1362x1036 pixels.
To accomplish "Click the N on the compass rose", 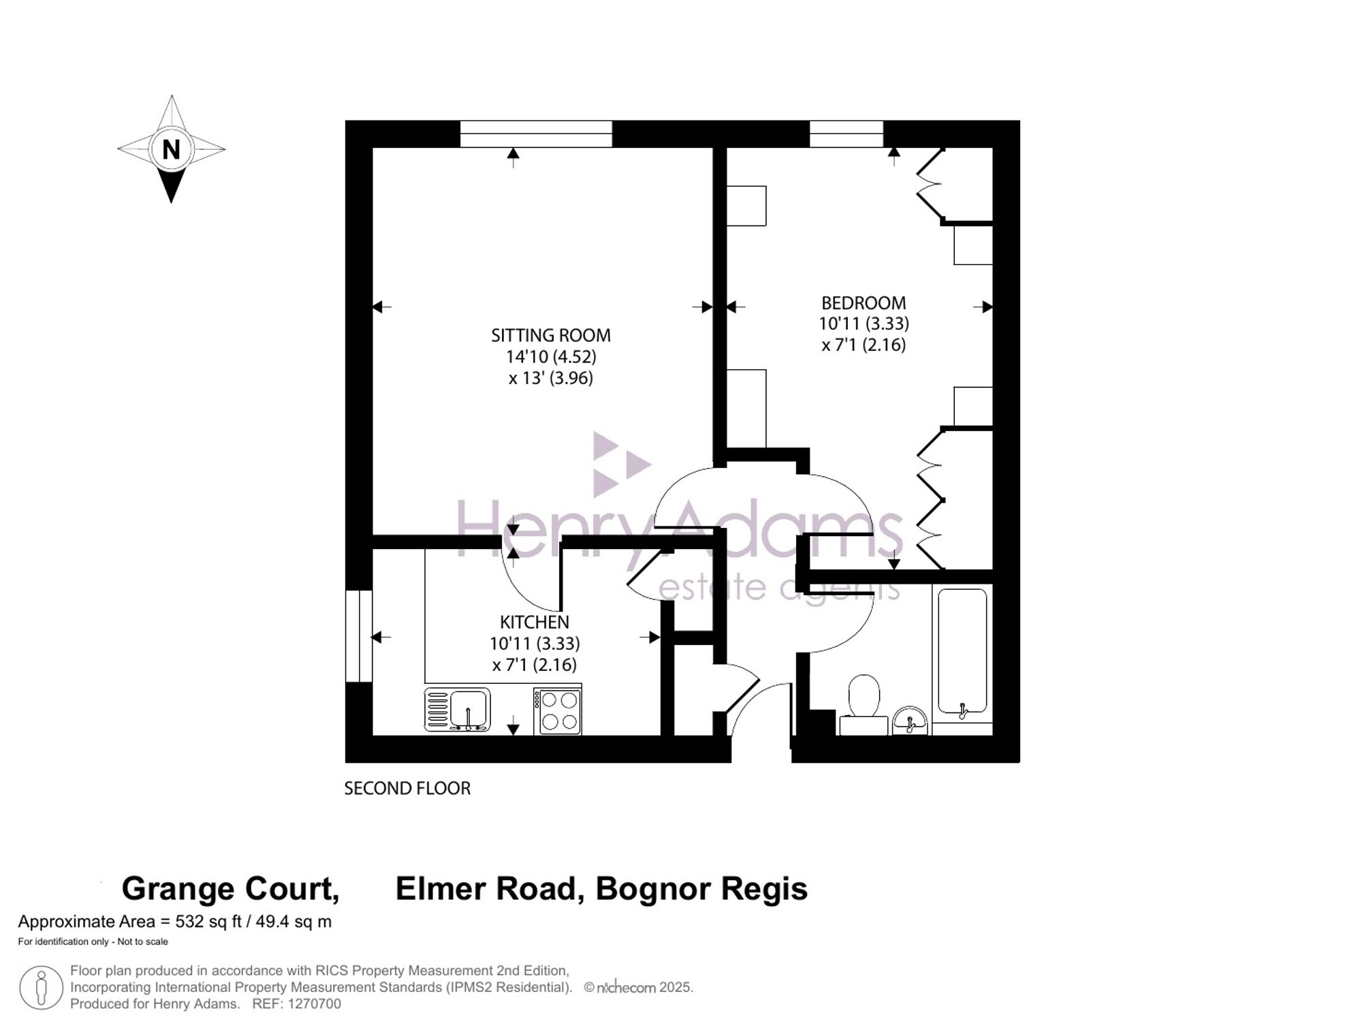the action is click(171, 149).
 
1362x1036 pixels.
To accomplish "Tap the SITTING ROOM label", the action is click(551, 335).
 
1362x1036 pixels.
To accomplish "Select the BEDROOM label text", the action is click(864, 303).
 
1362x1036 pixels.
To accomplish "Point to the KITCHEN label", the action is click(535, 622).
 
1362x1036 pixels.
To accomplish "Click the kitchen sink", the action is click(458, 710).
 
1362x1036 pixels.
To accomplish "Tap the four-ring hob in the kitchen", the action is click(558, 711).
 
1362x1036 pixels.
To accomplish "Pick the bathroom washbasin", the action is click(910, 721).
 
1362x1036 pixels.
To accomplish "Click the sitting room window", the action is click(536, 134).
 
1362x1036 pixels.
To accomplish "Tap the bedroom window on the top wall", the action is click(846, 134).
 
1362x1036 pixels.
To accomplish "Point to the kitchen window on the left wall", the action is click(359, 636).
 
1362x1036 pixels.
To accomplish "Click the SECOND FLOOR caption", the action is click(407, 788).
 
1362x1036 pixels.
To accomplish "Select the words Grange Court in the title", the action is click(230, 889).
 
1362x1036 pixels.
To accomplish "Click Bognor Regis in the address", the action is click(701, 889).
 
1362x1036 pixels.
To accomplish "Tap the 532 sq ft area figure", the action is click(208, 922).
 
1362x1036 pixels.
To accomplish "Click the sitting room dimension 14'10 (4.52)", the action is click(551, 356).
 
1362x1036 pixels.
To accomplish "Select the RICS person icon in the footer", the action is click(42, 988).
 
